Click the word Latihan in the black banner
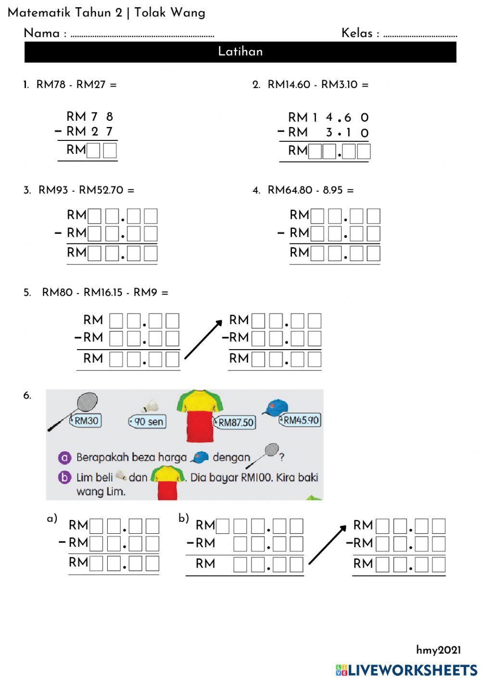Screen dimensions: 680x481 [240, 51]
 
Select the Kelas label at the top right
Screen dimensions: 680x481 [357, 33]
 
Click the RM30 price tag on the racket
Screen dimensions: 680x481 [86, 421]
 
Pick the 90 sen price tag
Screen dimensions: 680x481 [148, 422]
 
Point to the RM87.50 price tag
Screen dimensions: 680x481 [235, 423]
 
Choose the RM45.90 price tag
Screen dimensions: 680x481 [300, 420]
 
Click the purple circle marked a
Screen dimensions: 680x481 [64, 457]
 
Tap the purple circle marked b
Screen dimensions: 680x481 [64, 478]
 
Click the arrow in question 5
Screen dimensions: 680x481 [203, 340]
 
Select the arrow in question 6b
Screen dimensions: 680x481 [327, 544]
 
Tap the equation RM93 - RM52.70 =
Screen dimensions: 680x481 [86, 190]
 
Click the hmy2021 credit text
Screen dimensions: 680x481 [438, 650]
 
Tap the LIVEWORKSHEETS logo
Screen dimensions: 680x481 [406, 670]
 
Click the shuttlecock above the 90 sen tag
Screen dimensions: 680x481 [152, 406]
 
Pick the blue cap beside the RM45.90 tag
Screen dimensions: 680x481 [276, 407]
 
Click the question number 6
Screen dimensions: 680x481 [27, 396]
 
